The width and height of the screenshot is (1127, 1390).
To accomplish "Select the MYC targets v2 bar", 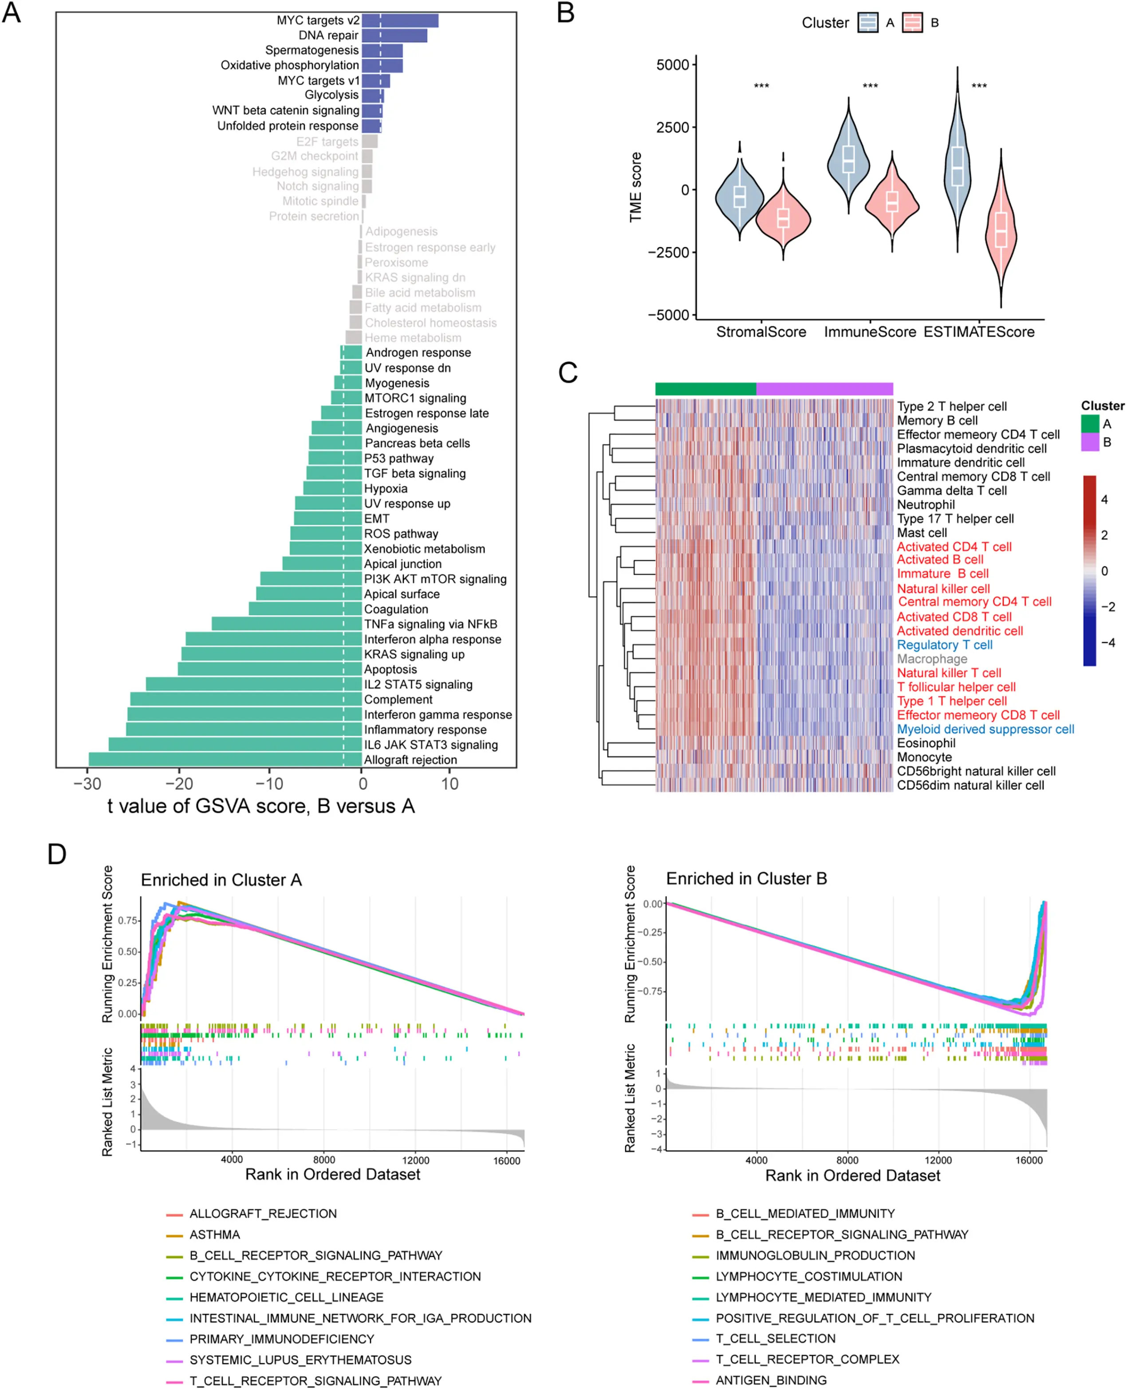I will pyautogui.click(x=400, y=20).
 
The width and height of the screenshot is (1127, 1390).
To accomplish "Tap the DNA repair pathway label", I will pyautogui.click(x=328, y=35).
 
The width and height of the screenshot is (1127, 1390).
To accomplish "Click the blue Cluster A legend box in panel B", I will pyautogui.click(x=867, y=23).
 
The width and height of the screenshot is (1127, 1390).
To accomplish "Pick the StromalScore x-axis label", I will pyautogui.click(x=761, y=332).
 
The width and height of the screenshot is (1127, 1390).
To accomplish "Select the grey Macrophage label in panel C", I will pyautogui.click(x=932, y=659).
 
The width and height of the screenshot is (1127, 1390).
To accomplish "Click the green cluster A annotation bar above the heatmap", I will pyautogui.click(x=705, y=389).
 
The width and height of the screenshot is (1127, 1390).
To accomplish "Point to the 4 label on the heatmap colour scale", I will pyautogui.click(x=1104, y=499).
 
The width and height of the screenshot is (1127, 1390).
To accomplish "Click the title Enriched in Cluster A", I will pyautogui.click(x=221, y=880).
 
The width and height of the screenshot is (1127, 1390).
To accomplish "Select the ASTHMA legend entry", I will pyautogui.click(x=214, y=1234).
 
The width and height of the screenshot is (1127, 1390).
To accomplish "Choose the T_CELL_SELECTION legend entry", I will pyautogui.click(x=775, y=1338).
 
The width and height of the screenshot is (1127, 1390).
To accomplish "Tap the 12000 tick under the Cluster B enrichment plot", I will pyautogui.click(x=938, y=1160).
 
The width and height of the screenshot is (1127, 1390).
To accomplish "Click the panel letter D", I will pyautogui.click(x=57, y=854).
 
